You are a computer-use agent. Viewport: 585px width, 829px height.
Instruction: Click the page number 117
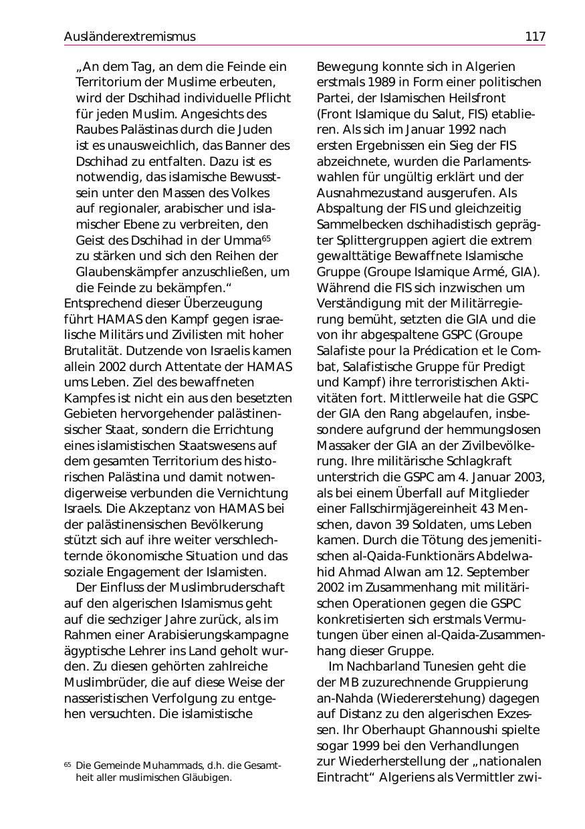[x=535, y=37]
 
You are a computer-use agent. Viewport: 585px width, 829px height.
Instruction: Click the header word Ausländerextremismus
[x=130, y=37]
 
